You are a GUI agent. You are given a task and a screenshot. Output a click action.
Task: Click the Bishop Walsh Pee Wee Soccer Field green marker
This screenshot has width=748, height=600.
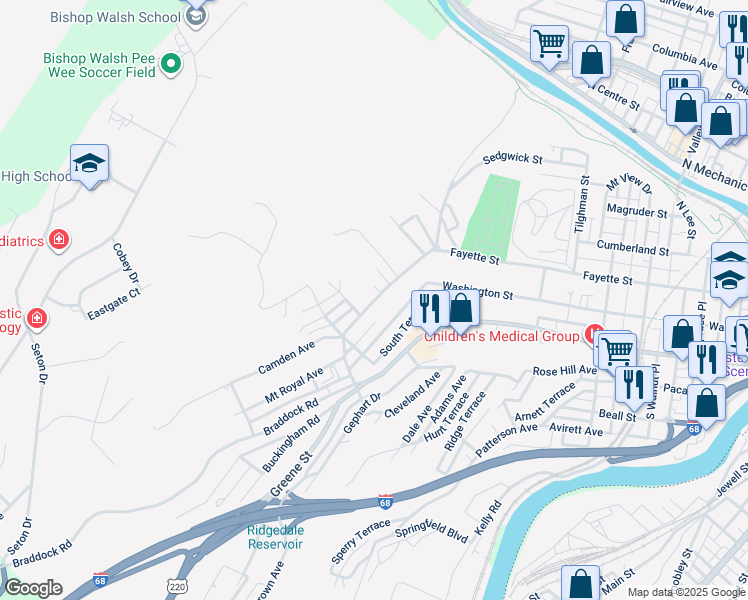click(x=171, y=64)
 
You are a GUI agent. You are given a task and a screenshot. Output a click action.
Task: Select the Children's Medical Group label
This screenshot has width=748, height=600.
click(x=511, y=336)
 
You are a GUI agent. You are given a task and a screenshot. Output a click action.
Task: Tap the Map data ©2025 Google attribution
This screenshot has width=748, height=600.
click(x=685, y=591)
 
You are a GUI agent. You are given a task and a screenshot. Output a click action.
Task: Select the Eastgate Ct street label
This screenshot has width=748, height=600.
click(x=114, y=304)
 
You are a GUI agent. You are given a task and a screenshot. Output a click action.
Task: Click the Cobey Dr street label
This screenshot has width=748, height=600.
click(x=125, y=263)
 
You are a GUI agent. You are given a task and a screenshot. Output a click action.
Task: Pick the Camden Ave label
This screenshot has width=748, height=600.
click(x=287, y=351)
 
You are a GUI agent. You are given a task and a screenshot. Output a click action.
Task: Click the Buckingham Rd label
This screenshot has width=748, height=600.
click(x=291, y=436)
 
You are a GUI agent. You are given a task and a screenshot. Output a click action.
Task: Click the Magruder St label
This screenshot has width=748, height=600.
click(x=637, y=211)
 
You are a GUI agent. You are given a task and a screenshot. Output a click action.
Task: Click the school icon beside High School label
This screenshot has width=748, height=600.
click(x=89, y=165)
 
